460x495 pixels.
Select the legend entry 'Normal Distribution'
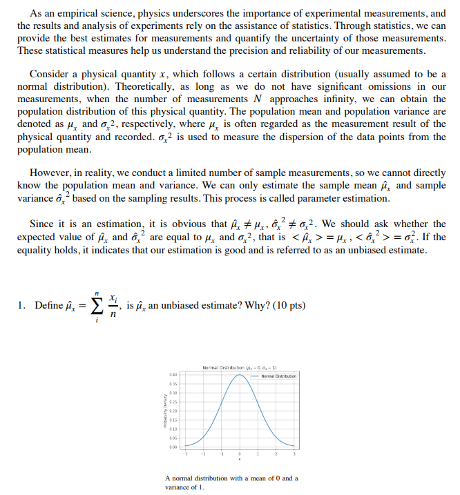(x=278, y=376)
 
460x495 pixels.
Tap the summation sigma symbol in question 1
(x=97, y=306)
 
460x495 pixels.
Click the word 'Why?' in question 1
(x=253, y=306)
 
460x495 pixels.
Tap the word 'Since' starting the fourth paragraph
(x=43, y=224)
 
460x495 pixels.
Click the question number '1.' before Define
(x=22, y=306)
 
